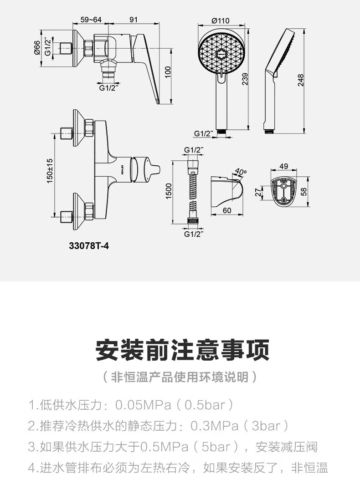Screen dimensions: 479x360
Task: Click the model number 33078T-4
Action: coord(89,245)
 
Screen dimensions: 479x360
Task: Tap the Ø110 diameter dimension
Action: coord(221,20)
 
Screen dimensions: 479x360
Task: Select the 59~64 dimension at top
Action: coord(91,19)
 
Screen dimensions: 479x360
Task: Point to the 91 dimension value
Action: coord(134,19)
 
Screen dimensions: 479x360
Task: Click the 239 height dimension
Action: coord(244,79)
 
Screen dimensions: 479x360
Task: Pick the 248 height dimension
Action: coord(301,80)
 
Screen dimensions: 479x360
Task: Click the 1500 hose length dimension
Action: coord(169,191)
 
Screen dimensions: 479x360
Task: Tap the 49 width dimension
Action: coord(283,167)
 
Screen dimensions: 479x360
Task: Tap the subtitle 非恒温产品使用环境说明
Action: coord(180,377)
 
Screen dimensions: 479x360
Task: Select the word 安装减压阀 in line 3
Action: coord(287,447)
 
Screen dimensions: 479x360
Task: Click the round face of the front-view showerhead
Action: coord(221,53)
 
